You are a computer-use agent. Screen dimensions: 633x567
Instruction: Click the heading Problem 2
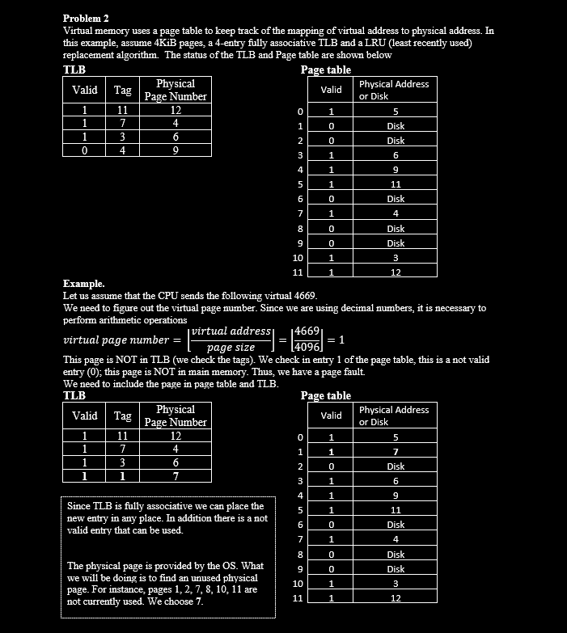[86, 18]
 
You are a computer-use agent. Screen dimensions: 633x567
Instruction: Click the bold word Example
[83, 284]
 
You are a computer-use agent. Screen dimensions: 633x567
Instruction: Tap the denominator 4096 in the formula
[308, 347]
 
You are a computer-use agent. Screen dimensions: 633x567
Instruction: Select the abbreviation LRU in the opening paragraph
[397, 43]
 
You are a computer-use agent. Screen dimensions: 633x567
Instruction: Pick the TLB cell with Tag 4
[122, 150]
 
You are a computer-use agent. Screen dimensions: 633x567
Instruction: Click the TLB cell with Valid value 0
[84, 150]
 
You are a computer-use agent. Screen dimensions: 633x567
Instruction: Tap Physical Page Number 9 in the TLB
[175, 150]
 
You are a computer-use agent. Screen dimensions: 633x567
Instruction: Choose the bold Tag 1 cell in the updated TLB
[122, 476]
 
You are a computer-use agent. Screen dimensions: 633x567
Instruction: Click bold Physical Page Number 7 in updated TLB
[175, 476]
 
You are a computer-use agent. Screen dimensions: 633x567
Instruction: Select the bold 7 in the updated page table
[396, 451]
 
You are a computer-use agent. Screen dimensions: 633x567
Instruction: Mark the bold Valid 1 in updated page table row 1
[331, 451]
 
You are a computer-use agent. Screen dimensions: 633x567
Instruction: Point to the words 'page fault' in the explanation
[344, 372]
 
